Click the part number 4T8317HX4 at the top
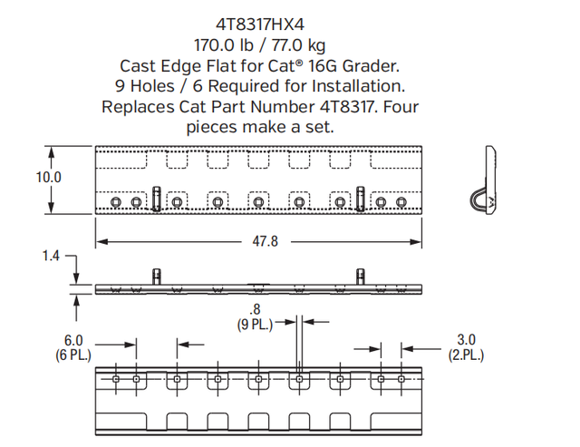[260, 24]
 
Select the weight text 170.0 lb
[224, 45]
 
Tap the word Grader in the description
[371, 66]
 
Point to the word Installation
[359, 86]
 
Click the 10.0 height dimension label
[48, 177]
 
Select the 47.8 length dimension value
[265, 241]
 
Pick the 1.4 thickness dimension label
[51, 256]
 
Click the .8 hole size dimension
[255, 309]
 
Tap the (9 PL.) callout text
[255, 325]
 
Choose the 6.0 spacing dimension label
[73, 340]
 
